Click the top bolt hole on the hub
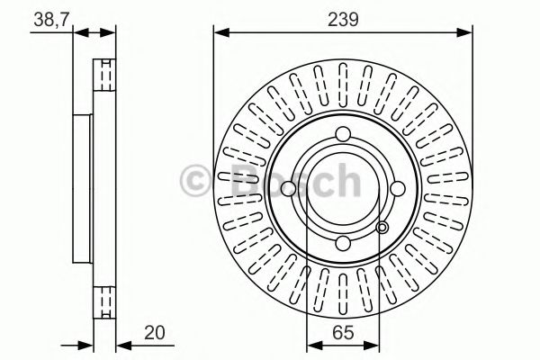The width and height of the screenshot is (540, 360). click(343, 136)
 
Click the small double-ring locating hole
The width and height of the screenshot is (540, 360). click(382, 229)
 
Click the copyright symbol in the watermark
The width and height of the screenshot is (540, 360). click(197, 181)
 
